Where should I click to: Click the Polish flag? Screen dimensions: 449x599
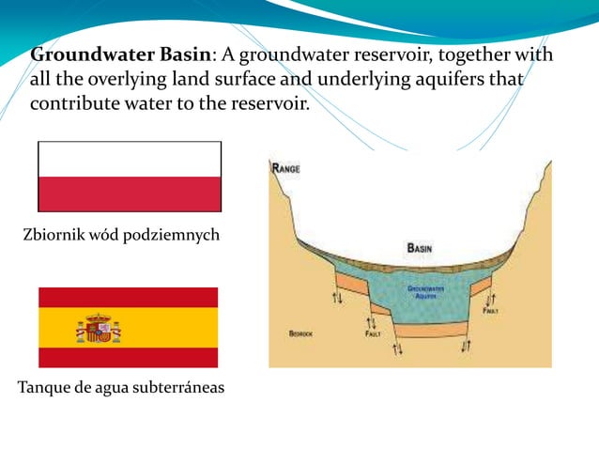click(130, 177)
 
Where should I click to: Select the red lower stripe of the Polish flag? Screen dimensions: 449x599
click(130, 194)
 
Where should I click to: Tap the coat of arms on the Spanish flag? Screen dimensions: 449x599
click(98, 328)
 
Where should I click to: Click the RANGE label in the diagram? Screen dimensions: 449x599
click(285, 169)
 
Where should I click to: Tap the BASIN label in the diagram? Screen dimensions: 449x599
click(419, 248)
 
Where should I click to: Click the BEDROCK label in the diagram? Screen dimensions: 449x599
click(300, 333)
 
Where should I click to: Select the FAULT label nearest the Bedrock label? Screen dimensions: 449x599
click(373, 333)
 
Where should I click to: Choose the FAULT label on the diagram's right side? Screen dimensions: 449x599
click(490, 311)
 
